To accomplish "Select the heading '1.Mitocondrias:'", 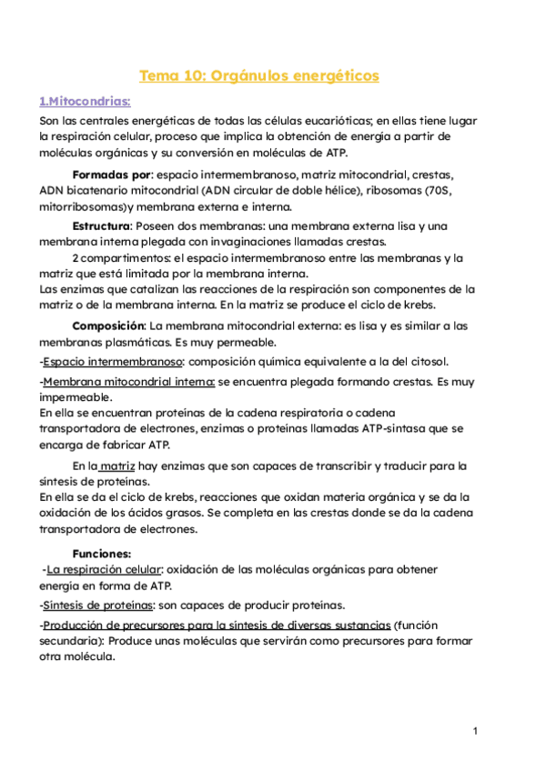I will pos(85,101).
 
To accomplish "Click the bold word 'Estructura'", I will pos(101,225).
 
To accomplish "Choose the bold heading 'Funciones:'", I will pos(102,552).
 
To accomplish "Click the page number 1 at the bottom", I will pos(475,731).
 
